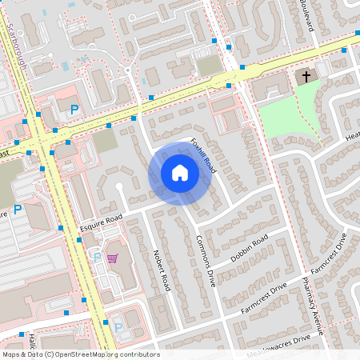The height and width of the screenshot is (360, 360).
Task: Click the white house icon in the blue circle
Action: click(179, 173)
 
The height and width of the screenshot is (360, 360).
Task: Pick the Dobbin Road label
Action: click(249, 250)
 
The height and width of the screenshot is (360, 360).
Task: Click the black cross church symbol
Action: click(304, 77)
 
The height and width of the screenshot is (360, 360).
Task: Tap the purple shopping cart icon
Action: click(113, 258)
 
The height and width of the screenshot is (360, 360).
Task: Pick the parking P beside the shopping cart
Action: click(98, 258)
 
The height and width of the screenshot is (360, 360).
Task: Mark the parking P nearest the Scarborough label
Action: click(74, 109)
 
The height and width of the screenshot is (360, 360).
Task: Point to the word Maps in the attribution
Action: click(11, 354)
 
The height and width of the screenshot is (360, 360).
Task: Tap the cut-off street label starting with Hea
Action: click(351, 136)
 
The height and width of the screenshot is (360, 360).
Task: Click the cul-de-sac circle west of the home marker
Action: click(119, 187)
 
